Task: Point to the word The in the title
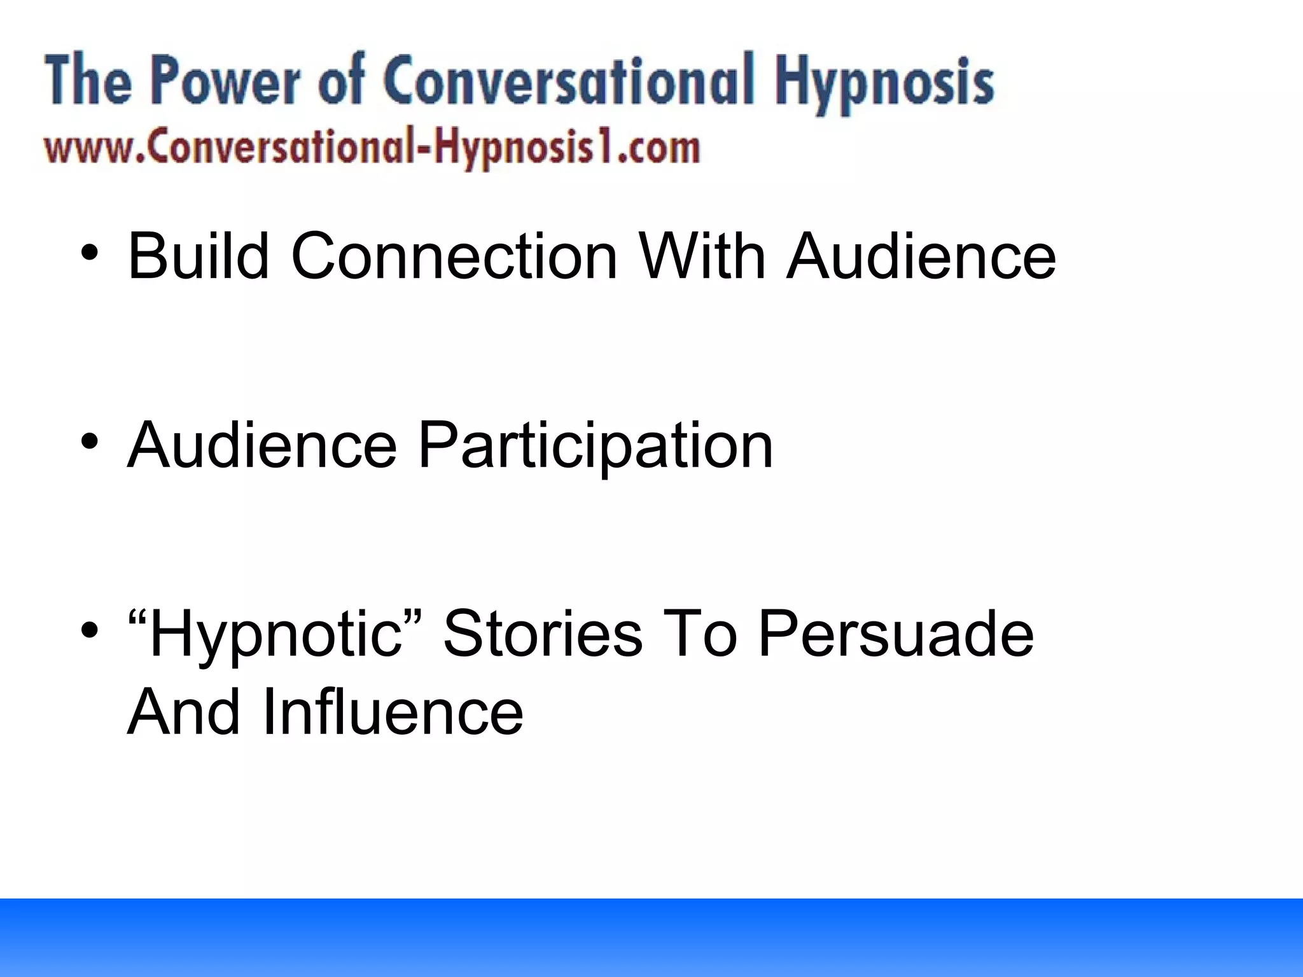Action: tap(88, 81)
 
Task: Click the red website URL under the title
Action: tap(372, 149)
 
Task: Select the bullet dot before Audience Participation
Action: tap(90, 440)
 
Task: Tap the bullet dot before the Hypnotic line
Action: tap(90, 630)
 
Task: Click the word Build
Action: tap(198, 256)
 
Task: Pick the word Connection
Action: tap(454, 256)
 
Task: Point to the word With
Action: tap(702, 256)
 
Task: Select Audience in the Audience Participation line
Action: tap(262, 445)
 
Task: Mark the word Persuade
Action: tap(896, 634)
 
